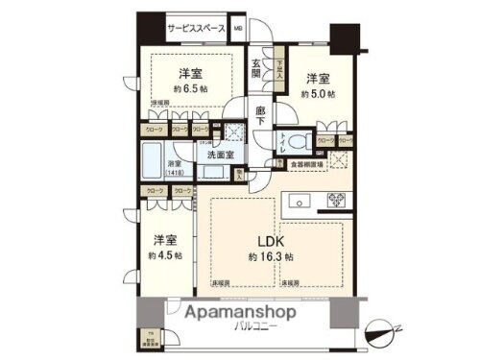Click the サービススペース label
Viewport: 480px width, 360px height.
pos(196,28)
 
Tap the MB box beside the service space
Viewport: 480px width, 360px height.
pos(238,28)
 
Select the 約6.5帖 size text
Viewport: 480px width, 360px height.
pos(188,86)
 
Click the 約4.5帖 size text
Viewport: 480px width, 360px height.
pos(164,255)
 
